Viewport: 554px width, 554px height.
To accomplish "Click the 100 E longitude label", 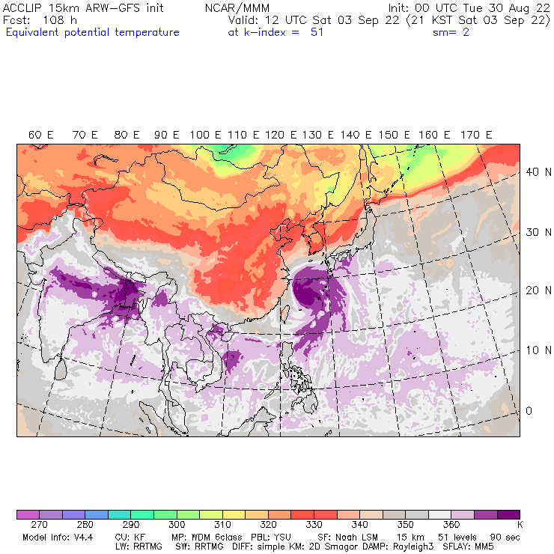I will tap(205, 135).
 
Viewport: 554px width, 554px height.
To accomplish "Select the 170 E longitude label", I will tap(477, 135).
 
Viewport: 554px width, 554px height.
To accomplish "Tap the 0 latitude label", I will tap(529, 410).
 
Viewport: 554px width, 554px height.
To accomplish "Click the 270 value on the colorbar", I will tap(40, 526).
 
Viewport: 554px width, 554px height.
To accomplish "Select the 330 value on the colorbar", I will tap(314, 526).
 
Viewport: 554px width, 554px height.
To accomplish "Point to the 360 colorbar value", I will tap(452, 526).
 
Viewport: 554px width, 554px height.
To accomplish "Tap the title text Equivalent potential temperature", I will tap(92, 32).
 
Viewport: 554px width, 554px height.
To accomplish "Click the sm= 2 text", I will tap(451, 32).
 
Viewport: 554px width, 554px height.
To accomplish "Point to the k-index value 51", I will tap(317, 32).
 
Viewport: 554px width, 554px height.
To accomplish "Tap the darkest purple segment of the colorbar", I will tap(508, 514).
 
